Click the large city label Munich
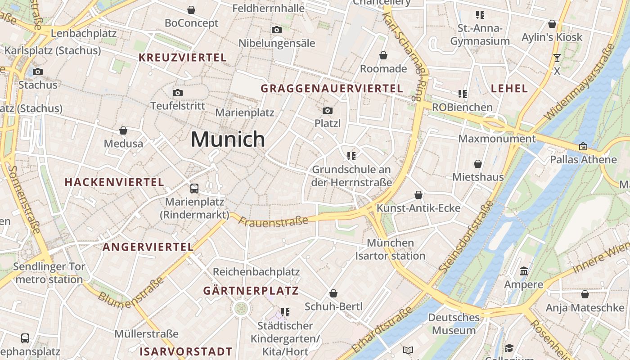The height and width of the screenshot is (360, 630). click(228, 139)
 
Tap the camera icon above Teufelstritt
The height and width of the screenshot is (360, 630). click(178, 93)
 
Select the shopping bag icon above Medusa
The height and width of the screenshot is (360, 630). click(123, 130)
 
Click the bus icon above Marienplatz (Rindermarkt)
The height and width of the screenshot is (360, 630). click(194, 188)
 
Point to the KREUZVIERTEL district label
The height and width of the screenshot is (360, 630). click(182, 58)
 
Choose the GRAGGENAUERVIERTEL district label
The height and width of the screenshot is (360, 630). click(332, 89)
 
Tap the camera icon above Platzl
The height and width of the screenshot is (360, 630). click(328, 110)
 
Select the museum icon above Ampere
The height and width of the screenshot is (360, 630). click(524, 271)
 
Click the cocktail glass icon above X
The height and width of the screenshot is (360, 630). click(557, 58)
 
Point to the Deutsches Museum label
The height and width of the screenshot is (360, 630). click(454, 324)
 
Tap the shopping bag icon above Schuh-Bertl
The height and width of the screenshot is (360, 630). click(333, 293)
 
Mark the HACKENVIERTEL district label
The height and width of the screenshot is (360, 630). click(114, 182)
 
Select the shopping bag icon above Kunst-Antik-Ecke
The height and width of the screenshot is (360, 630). click(418, 195)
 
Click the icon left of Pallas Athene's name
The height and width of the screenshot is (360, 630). click(583, 146)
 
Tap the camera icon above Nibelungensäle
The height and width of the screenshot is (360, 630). click(277, 30)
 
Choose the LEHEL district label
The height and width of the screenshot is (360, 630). click(509, 88)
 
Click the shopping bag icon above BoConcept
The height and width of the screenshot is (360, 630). click(191, 10)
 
